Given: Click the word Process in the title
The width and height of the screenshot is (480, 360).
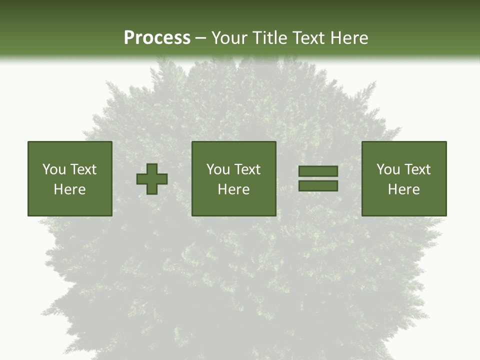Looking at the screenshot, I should [x=157, y=37].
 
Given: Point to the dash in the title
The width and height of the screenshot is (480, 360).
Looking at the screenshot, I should [x=201, y=38].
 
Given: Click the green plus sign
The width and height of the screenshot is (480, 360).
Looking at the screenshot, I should [x=152, y=179].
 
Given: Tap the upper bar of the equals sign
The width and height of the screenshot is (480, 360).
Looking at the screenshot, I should [x=318, y=171].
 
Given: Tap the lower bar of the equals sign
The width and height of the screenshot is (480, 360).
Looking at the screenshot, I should [x=318, y=186].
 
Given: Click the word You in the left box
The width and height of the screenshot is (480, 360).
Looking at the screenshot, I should [x=54, y=169].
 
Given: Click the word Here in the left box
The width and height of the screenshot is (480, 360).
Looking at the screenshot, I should [x=69, y=189].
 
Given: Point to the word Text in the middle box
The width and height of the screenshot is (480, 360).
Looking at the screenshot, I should [x=247, y=169].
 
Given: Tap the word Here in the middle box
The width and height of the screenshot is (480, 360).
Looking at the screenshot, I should [x=233, y=189].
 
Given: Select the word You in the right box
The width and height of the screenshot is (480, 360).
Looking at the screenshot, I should [x=388, y=169].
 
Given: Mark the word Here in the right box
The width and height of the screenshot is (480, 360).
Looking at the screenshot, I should [x=403, y=189].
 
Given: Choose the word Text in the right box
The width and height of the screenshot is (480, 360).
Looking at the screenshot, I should [x=417, y=169].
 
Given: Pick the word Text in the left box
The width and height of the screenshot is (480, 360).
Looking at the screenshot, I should [x=83, y=169].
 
